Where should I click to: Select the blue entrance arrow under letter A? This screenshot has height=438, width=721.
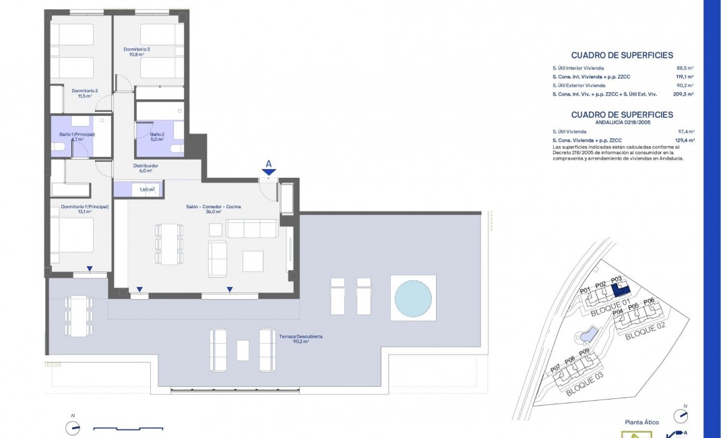point(268,173)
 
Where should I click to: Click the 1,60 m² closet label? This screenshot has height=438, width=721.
point(147,189)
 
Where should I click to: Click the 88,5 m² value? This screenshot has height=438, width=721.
point(686,68)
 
